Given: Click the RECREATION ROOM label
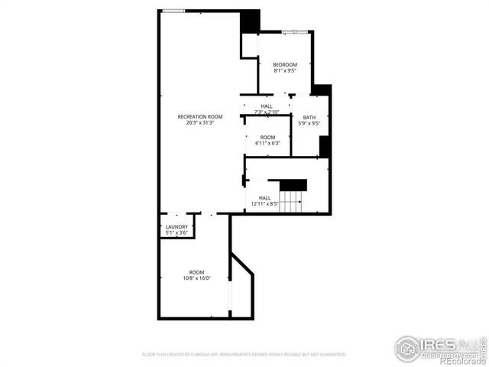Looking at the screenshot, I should point(200,116).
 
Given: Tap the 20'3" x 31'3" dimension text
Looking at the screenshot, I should point(200,123).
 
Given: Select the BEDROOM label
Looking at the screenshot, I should point(285,64).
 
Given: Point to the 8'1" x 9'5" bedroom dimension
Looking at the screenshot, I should point(285,71).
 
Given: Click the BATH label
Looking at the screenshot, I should point(309,117).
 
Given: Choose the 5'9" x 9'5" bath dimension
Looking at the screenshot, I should point(309,123).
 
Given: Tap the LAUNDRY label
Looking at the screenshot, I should point(176,226).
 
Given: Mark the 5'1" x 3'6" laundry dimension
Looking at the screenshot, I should point(176,232).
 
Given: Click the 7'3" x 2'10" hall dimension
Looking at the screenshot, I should point(267,112).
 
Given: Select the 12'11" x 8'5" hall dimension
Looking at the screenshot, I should point(265,204).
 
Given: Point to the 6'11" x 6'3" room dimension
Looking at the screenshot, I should point(267,143).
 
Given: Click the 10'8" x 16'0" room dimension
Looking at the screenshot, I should point(197,279).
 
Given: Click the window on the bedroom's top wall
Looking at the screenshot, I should point(294,31).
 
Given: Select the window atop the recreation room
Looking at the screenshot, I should point(174,11).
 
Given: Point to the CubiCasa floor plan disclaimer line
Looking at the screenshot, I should point(244,355).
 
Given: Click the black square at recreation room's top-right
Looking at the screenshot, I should point(250,21).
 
